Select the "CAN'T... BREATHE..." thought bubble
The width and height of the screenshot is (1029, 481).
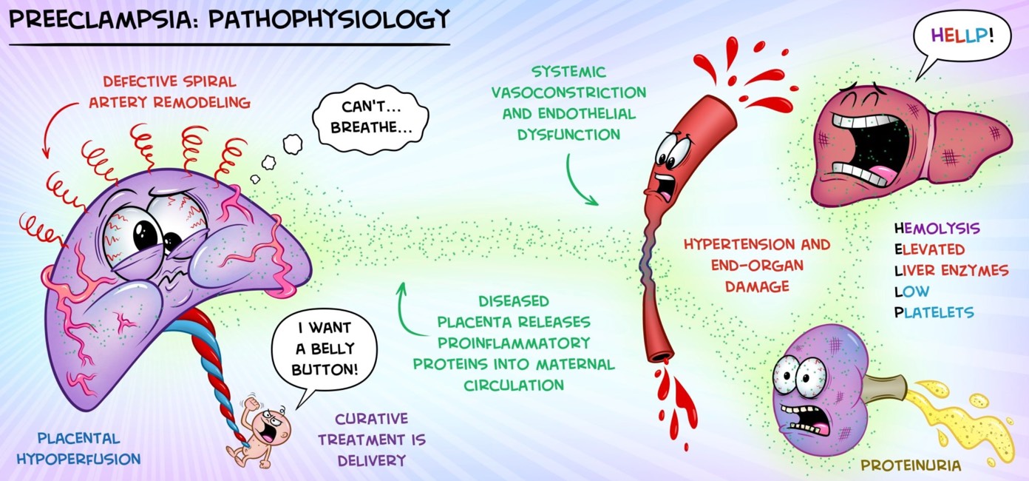(x=370, y=117)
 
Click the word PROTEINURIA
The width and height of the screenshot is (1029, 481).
(x=911, y=465)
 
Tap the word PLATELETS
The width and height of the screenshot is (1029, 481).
(x=934, y=313)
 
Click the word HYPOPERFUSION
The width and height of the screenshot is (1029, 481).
(x=78, y=459)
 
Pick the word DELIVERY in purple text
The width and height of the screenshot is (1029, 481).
(x=372, y=460)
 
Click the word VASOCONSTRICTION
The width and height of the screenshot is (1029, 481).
(x=568, y=92)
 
